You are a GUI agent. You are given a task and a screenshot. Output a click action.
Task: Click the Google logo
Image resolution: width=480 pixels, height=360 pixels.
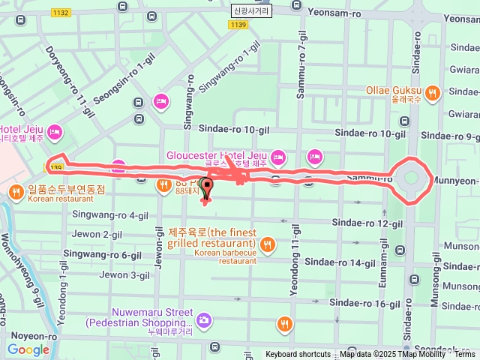(x=28, y=349)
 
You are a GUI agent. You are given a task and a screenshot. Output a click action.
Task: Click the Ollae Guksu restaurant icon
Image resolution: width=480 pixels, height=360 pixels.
(x=433, y=93)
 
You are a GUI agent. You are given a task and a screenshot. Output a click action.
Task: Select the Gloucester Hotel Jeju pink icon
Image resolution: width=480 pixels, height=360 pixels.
(x=278, y=157)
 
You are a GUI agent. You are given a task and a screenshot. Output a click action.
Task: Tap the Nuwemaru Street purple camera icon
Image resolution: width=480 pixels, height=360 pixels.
(x=204, y=320)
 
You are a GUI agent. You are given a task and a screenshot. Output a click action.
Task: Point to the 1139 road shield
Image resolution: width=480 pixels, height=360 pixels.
(x=238, y=25)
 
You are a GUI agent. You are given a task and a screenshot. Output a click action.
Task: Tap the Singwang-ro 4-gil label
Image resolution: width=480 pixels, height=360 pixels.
(x=110, y=215)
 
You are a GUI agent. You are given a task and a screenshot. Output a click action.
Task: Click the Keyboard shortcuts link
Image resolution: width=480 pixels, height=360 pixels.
(x=298, y=354)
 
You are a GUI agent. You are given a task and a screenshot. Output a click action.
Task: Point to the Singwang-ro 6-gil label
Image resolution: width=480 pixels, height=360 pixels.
(x=106, y=255)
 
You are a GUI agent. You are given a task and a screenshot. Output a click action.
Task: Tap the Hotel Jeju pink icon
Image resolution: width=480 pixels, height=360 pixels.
(x=54, y=133)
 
